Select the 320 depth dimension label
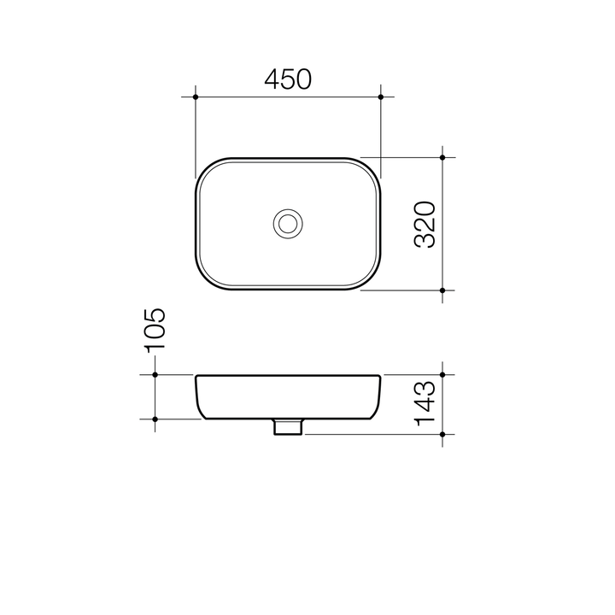coord(425,224)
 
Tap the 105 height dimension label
coord(155,330)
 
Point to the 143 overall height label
coord(425,404)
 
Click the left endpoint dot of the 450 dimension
coord(196,97)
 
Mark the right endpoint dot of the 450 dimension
coord(381,97)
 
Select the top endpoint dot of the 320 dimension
coord(442,157)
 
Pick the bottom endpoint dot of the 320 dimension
coord(442,290)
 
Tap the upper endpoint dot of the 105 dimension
coord(155,374)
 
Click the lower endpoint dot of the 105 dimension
coord(155,419)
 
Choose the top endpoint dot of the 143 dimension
coord(442,374)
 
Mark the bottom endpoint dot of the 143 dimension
coord(442,435)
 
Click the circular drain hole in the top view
coord(288,224)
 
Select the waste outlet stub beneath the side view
coord(288,427)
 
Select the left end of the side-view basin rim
coord(197,377)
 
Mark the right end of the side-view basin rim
coord(379,377)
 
